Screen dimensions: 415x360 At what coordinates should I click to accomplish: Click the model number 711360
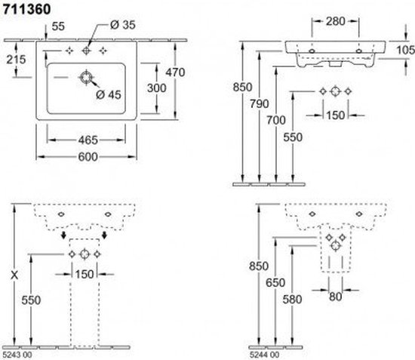click(x=26, y=10)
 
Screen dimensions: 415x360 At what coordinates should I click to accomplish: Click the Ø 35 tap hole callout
click(x=123, y=25)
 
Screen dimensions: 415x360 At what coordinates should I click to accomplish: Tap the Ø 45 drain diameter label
click(x=109, y=94)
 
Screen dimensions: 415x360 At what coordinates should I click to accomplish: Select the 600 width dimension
click(x=88, y=157)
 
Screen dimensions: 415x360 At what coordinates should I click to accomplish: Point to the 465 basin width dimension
click(x=88, y=140)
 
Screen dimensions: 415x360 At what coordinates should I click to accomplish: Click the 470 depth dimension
click(x=175, y=72)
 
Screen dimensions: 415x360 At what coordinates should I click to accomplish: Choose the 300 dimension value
click(x=157, y=88)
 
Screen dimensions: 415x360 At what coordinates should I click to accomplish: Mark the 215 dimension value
click(x=16, y=60)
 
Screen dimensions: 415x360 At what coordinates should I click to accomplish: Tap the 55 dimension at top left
click(x=58, y=26)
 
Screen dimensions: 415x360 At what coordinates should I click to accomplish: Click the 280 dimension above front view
click(x=335, y=21)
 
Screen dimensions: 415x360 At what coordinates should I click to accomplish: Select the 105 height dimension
click(x=405, y=50)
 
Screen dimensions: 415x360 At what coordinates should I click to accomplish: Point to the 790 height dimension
click(x=260, y=103)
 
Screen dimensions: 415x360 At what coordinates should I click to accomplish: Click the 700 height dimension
click(x=275, y=120)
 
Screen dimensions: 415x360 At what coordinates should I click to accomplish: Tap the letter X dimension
click(x=14, y=275)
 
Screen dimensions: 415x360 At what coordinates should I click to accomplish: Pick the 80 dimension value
click(x=335, y=297)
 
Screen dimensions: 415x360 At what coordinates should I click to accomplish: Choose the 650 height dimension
click(x=275, y=283)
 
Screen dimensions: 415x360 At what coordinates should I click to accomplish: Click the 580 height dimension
click(x=292, y=300)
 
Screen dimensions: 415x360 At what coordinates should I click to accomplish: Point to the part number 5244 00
click(x=264, y=355)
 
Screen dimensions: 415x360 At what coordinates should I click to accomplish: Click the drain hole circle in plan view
click(x=86, y=78)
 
